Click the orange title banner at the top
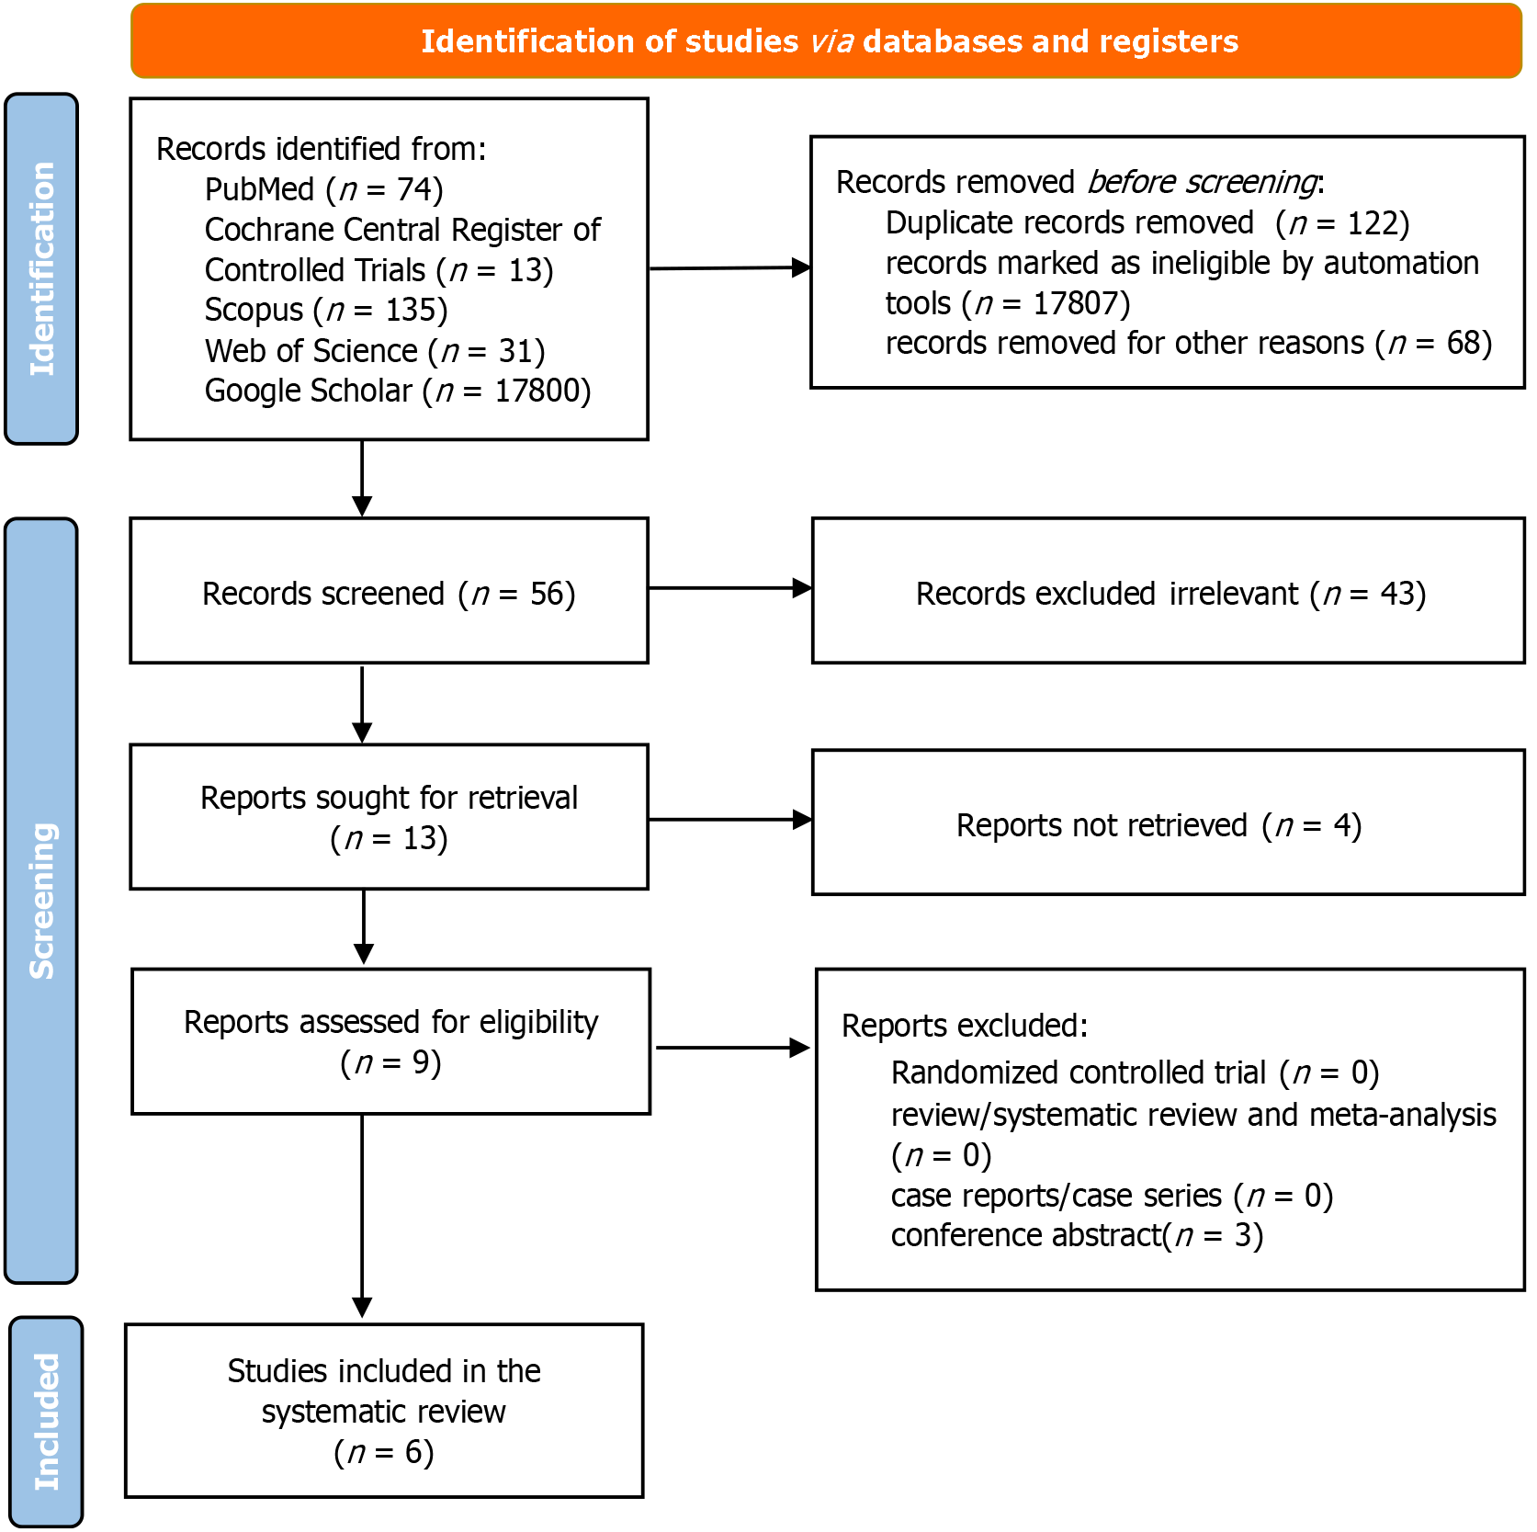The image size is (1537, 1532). (x=826, y=41)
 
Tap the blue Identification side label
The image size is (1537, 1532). (x=41, y=269)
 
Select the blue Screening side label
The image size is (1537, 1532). (x=41, y=901)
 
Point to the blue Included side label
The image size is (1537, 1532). (x=46, y=1422)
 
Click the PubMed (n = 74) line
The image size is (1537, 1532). (x=324, y=189)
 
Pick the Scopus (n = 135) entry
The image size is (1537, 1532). (x=326, y=311)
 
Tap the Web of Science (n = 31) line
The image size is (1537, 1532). (x=375, y=351)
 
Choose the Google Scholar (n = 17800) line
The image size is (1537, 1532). (x=398, y=392)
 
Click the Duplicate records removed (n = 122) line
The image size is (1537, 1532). (x=1147, y=223)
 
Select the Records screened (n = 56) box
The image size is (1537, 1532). (x=390, y=591)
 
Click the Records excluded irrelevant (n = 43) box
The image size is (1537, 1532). (x=1169, y=591)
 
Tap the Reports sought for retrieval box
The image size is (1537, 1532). (x=390, y=817)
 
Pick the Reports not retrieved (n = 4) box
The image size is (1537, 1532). (x=1169, y=823)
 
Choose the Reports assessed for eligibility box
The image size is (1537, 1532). (x=391, y=1041)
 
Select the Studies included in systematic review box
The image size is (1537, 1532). (x=384, y=1411)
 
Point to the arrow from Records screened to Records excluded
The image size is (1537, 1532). (x=730, y=588)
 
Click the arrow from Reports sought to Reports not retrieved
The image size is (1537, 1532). (x=730, y=820)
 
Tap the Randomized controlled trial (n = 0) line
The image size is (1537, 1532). (x=1136, y=1073)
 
